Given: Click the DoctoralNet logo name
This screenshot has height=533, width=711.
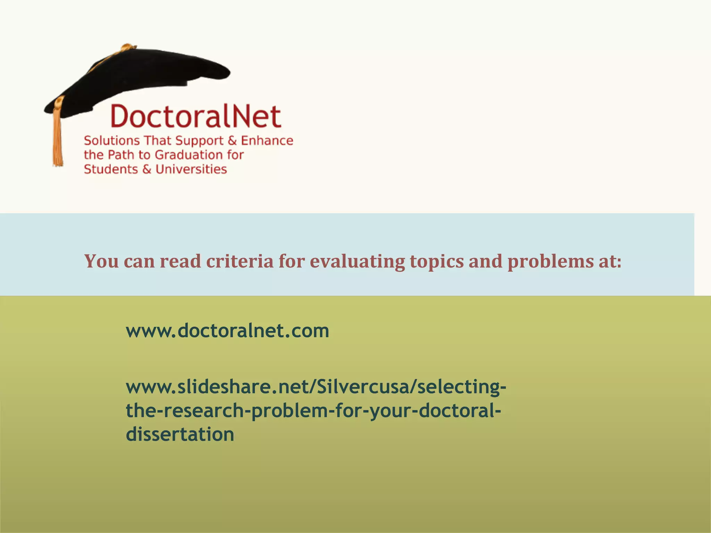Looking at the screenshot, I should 196,116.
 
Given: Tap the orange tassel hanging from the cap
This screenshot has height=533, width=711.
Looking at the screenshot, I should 57,135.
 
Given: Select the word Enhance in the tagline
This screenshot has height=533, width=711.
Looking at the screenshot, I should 267,141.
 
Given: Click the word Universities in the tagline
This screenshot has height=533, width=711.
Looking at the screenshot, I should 191,169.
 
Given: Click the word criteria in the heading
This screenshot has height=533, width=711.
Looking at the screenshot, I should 240,261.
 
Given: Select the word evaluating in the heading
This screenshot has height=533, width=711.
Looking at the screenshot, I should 357,261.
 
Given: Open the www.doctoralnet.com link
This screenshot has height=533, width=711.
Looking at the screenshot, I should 227,331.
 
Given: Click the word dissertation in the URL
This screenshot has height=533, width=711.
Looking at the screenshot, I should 180,434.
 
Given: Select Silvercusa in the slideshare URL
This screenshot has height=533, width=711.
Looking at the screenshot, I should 363,387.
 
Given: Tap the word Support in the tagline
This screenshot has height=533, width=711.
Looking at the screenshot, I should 199,141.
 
